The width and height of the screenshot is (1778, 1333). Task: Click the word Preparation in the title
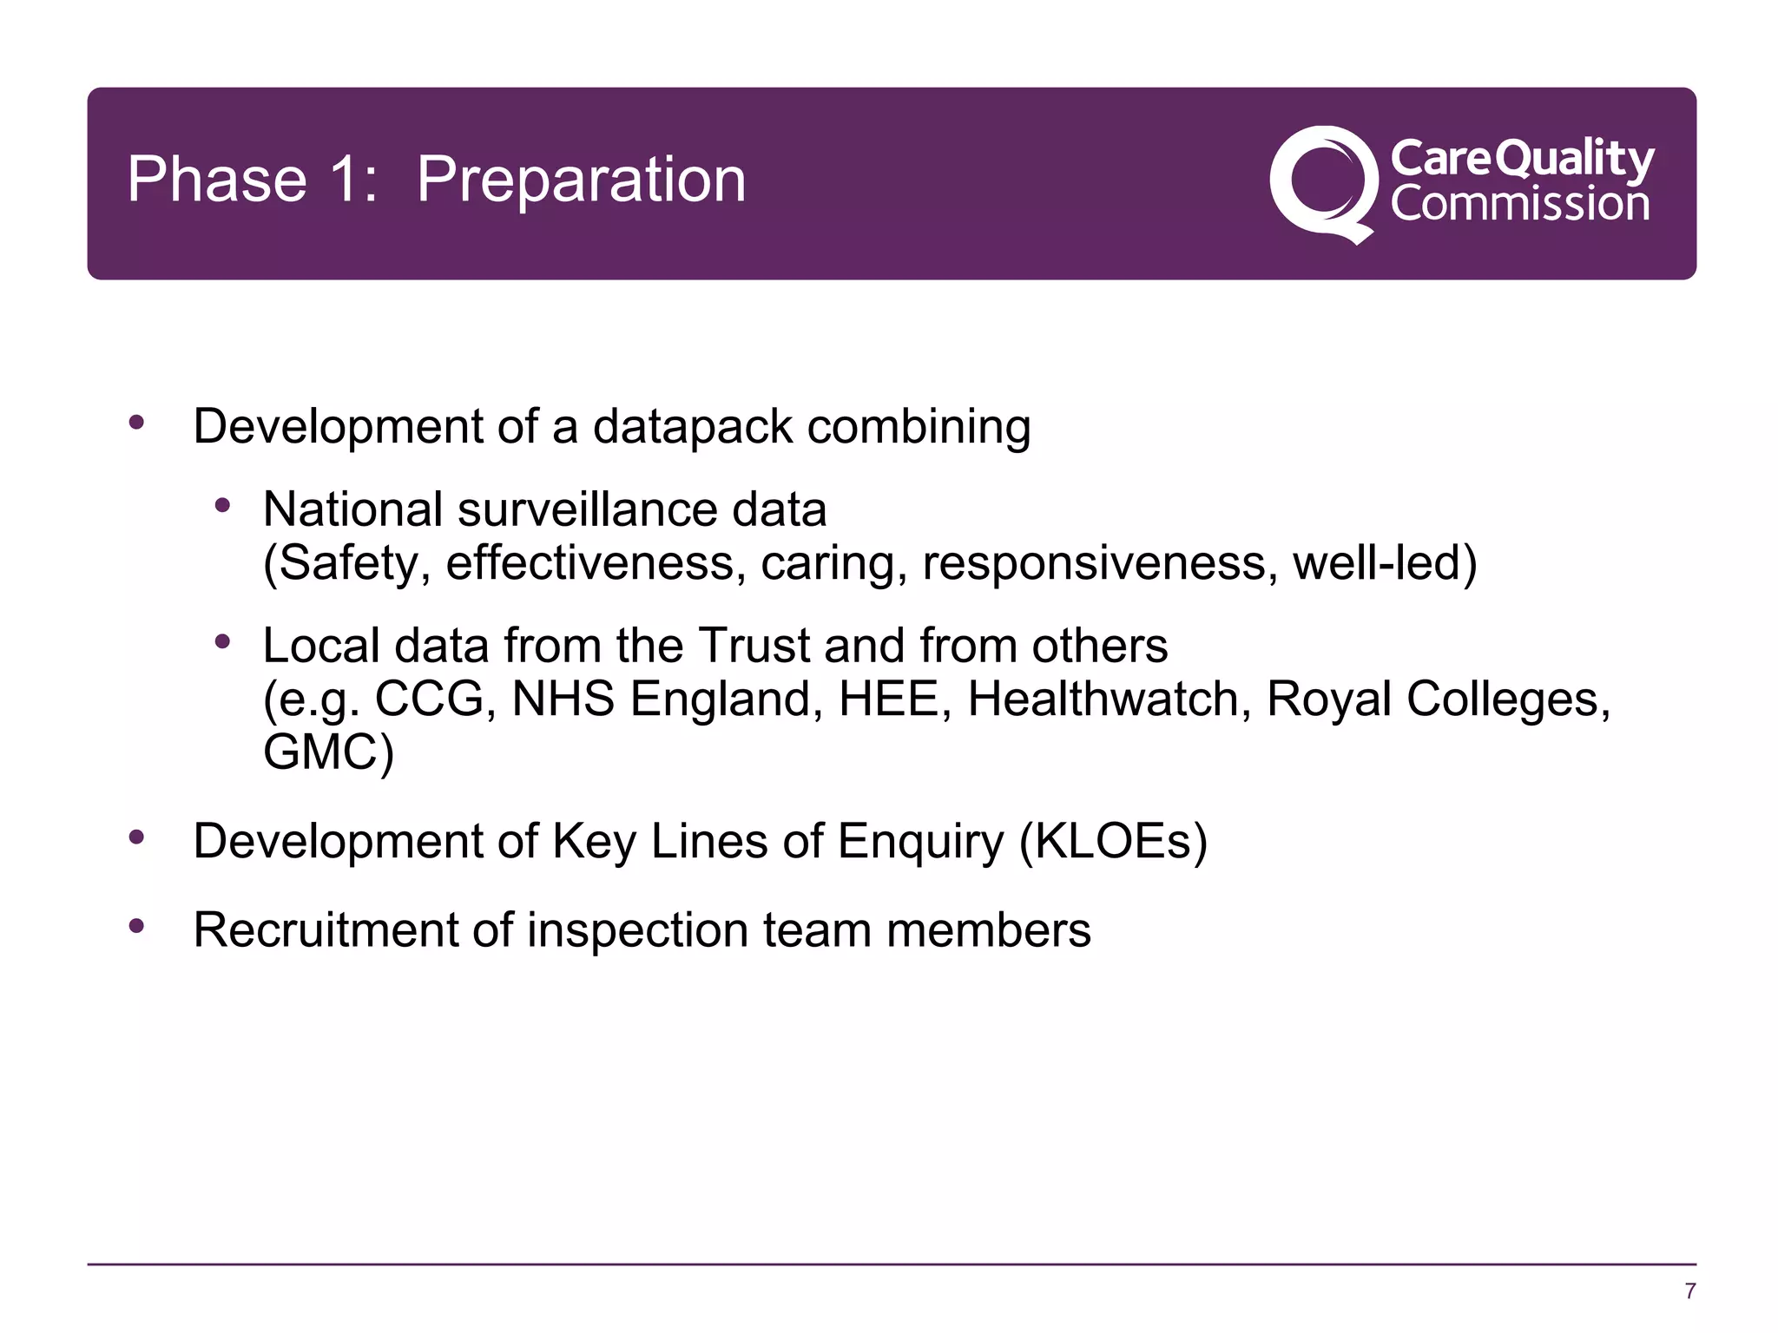tap(581, 181)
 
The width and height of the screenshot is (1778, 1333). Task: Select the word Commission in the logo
tap(1519, 204)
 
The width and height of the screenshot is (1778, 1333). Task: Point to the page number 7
tap(1689, 1291)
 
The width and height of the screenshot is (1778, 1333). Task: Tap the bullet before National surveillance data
tap(223, 505)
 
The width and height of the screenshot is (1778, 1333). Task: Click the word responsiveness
tap(1099, 563)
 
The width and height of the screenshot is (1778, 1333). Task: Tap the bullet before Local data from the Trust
tap(223, 642)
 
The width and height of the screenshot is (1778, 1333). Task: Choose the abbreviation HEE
tap(888, 699)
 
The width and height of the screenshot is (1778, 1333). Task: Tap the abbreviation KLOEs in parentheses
tap(1114, 841)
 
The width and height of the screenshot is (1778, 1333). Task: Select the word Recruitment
tap(326, 930)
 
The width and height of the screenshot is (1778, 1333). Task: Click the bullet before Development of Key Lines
tap(136, 837)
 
